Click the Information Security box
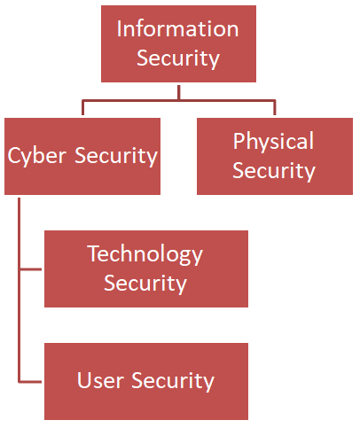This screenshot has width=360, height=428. [x=178, y=43]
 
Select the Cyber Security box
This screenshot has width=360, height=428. [x=82, y=156]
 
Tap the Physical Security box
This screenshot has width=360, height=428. [x=273, y=156]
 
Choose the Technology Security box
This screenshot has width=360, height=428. [x=145, y=268]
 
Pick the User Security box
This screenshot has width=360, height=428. [x=145, y=381]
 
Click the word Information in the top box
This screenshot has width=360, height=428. [x=177, y=28]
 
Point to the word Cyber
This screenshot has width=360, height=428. [x=37, y=156]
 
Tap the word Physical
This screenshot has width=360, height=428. [x=273, y=142]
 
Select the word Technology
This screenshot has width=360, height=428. [x=145, y=255]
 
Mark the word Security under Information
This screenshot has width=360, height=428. [x=178, y=58]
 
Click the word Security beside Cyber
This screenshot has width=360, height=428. [x=116, y=156]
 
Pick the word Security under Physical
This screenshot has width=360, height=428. [x=273, y=169]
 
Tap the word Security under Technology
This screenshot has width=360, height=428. [x=145, y=284]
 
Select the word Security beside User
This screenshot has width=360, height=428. [x=173, y=381]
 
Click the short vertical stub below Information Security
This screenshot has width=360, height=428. [x=178, y=91]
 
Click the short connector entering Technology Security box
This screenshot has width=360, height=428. [x=30, y=268]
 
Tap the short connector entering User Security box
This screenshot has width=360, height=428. [x=30, y=381]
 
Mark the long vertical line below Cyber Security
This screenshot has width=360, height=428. [x=18, y=292]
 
